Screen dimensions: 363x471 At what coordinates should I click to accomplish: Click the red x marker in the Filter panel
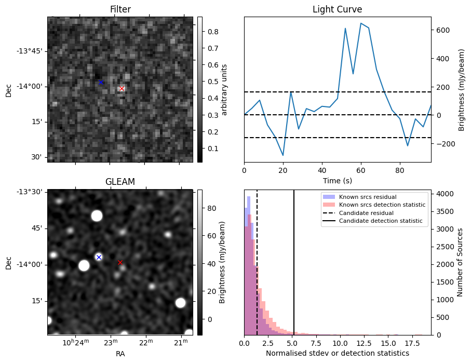tap(122, 89)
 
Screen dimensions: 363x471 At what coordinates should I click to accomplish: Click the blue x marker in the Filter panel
tap(101, 82)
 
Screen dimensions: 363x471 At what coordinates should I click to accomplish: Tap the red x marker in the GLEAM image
tap(120, 262)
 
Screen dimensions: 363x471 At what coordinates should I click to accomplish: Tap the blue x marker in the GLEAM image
tap(99, 257)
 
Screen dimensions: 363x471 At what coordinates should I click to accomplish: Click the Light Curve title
tap(337, 9)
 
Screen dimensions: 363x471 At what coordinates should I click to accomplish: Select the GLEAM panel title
tap(120, 182)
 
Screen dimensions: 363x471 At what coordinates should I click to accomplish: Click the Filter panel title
tap(120, 9)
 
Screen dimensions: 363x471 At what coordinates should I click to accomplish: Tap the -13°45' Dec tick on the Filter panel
tap(32, 51)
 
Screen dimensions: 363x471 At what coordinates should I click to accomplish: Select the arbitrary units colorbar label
tap(224, 89)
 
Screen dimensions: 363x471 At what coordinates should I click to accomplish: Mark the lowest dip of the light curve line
tap(283, 155)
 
